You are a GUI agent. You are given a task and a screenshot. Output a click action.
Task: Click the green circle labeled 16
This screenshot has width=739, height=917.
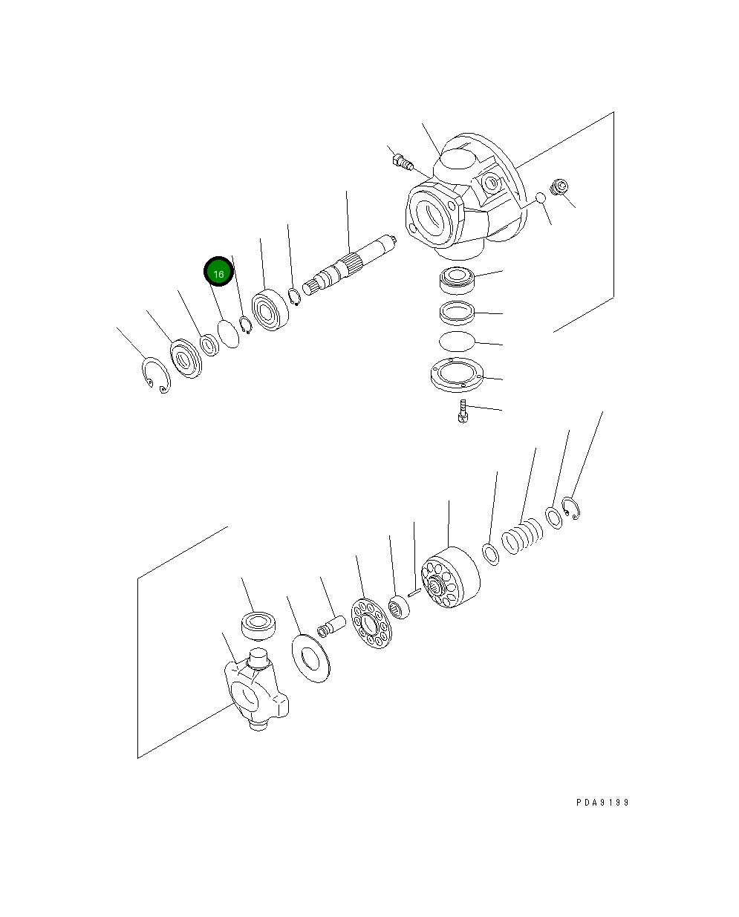[218, 273]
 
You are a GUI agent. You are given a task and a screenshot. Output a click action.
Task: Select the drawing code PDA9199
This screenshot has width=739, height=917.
[602, 803]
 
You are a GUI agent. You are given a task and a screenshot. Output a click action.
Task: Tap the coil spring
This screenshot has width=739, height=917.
[522, 536]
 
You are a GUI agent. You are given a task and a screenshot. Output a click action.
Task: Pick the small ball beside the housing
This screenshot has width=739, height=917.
[541, 198]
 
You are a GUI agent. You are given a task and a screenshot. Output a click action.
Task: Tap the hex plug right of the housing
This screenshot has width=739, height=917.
[558, 189]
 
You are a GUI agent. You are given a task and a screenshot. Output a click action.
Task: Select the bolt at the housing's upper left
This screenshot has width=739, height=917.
[402, 160]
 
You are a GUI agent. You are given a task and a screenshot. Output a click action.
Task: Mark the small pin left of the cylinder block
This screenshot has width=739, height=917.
[414, 593]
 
